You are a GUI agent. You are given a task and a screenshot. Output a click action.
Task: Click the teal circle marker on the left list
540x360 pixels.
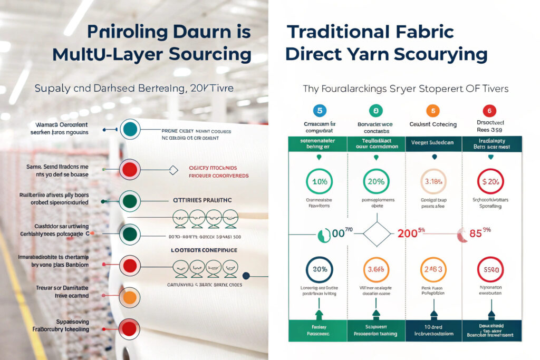point(130,129)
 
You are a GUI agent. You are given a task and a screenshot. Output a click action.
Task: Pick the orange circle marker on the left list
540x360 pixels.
point(130,298)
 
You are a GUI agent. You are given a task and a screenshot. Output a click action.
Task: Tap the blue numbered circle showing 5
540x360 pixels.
point(317,111)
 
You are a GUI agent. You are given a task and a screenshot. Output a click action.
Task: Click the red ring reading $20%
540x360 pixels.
point(490,182)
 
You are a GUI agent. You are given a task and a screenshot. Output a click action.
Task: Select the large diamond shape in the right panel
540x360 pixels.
point(377,233)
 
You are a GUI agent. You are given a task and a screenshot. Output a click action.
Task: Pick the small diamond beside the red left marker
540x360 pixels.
point(173,170)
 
